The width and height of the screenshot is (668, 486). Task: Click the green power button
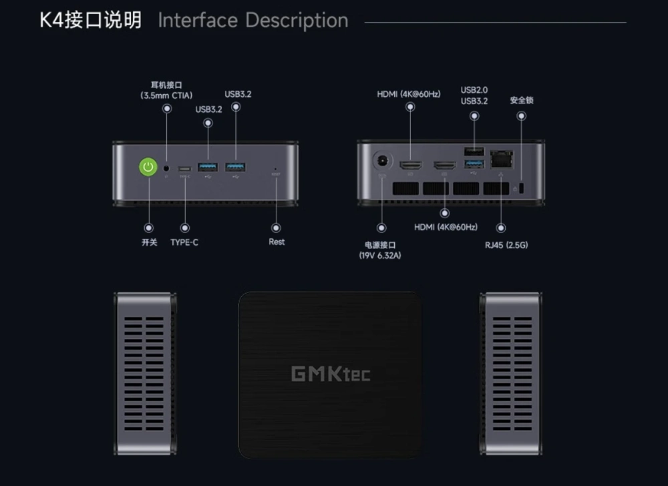click(148, 167)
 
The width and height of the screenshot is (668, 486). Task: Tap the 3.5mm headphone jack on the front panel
click(166, 168)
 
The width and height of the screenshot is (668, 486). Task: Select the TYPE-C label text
click(184, 242)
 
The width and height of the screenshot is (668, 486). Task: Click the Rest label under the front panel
click(277, 242)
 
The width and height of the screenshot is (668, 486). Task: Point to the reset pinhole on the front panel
click(276, 168)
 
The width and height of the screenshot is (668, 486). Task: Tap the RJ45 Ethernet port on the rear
click(501, 160)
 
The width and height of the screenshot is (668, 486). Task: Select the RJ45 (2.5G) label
click(506, 245)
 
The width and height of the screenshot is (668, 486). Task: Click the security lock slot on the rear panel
click(522, 188)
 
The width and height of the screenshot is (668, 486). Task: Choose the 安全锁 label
click(522, 100)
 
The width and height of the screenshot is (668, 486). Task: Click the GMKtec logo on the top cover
click(331, 374)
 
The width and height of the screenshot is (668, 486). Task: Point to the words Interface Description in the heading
click(253, 21)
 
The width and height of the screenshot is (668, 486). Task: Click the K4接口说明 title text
click(91, 20)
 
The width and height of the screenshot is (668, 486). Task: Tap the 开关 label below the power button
click(149, 242)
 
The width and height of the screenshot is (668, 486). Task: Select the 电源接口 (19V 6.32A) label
click(381, 250)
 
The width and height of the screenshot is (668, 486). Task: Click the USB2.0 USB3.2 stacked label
click(474, 95)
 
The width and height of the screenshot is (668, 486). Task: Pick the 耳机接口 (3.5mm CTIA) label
click(166, 91)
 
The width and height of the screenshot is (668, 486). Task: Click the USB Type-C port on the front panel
click(184, 168)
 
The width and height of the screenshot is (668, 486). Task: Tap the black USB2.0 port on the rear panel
click(474, 151)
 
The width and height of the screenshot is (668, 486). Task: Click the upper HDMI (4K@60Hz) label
click(409, 94)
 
